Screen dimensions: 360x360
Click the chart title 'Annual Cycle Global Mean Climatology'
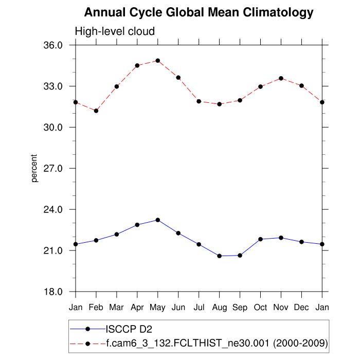tap(199, 12)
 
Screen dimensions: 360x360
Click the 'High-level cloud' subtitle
tap(115, 31)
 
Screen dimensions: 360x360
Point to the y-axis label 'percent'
tap(34, 168)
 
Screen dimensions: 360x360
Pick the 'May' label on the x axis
tap(158, 308)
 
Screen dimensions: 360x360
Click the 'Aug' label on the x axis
tap(220, 308)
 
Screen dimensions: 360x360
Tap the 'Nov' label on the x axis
tap(281, 308)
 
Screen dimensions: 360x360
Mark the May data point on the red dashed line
tap(158, 61)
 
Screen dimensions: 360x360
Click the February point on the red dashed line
tap(96, 111)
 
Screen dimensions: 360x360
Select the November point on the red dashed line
tap(281, 78)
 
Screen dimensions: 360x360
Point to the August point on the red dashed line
tap(220, 104)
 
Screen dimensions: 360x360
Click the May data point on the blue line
tap(158, 220)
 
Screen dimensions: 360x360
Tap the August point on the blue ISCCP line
tap(220, 256)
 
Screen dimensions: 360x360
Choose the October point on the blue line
tap(261, 239)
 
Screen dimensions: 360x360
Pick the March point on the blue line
tap(117, 234)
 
